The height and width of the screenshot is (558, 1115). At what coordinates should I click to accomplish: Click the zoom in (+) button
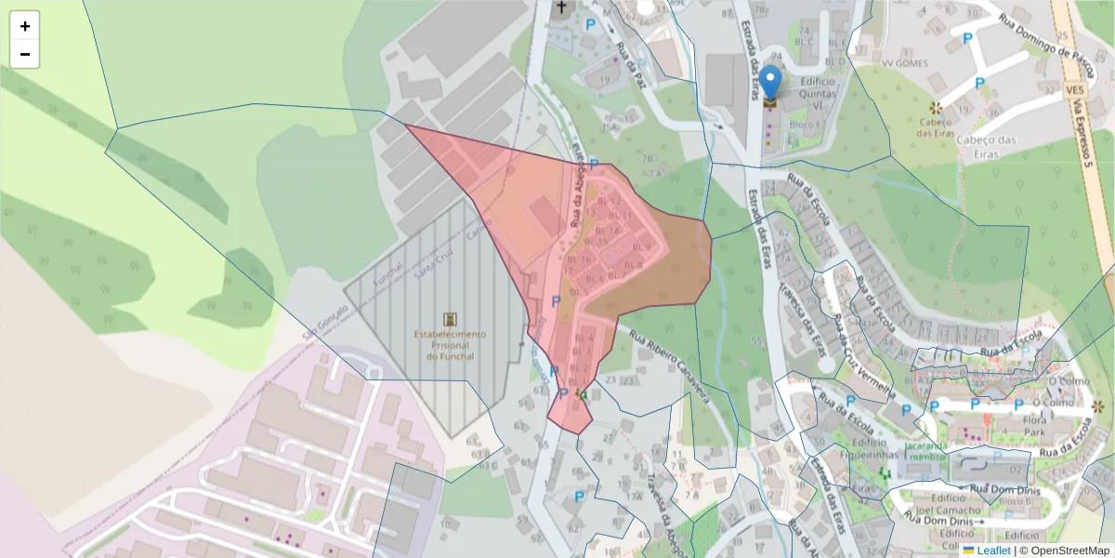pyautogui.click(x=24, y=26)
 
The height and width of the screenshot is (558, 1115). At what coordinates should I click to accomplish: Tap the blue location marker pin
pyautogui.click(x=770, y=83)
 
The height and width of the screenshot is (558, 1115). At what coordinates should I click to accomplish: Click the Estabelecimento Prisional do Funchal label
pyautogui.click(x=450, y=345)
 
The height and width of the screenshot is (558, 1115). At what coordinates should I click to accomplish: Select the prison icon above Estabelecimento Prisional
pyautogui.click(x=451, y=319)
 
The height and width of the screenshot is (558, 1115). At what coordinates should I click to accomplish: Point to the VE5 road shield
pyautogui.click(x=1076, y=89)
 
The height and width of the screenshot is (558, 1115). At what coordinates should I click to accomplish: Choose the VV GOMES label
pyautogui.click(x=907, y=63)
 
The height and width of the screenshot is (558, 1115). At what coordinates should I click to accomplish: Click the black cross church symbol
pyautogui.click(x=560, y=9)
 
